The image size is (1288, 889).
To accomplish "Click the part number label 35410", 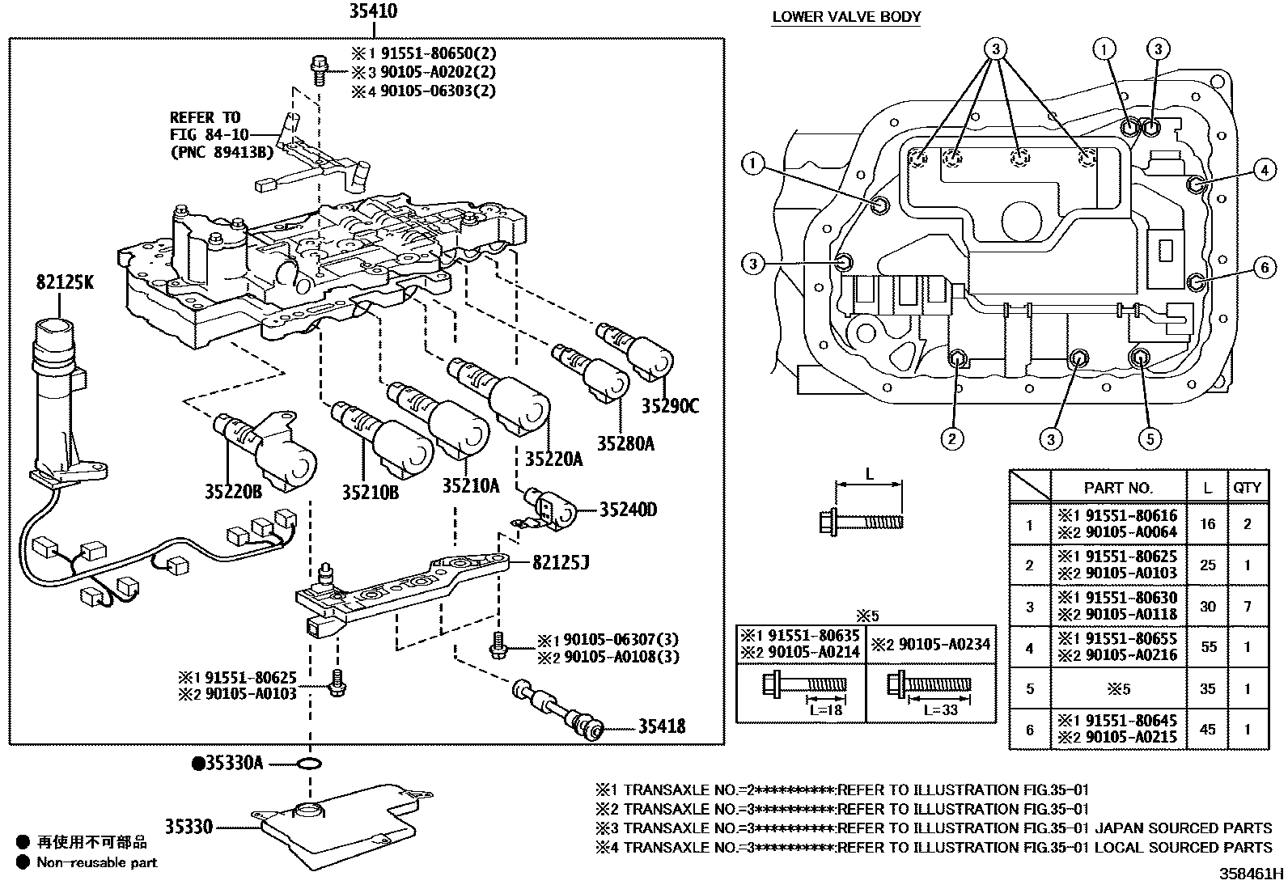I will [373, 13].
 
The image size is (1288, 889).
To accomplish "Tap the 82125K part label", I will [64, 282].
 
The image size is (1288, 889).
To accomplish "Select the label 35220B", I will [232, 491].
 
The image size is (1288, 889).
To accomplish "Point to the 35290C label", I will [669, 406].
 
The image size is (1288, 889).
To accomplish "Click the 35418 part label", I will [661, 726].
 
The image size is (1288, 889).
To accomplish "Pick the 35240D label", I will [628, 510].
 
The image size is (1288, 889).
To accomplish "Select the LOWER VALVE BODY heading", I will [846, 16].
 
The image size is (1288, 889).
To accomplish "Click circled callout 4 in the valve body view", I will [1264, 171].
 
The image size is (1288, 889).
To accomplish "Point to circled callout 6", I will [1265, 268].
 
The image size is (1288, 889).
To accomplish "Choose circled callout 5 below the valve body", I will [1150, 438].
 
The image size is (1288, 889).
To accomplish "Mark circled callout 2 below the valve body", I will [951, 438].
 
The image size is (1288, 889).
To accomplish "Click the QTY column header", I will [1247, 488].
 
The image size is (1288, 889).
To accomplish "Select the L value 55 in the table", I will [1207, 646].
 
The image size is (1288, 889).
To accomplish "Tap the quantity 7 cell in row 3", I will [1247, 605].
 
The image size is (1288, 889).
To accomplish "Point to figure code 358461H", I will [1252, 874].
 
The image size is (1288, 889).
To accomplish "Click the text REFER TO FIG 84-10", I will [205, 126].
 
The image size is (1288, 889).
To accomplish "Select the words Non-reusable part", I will [97, 863].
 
